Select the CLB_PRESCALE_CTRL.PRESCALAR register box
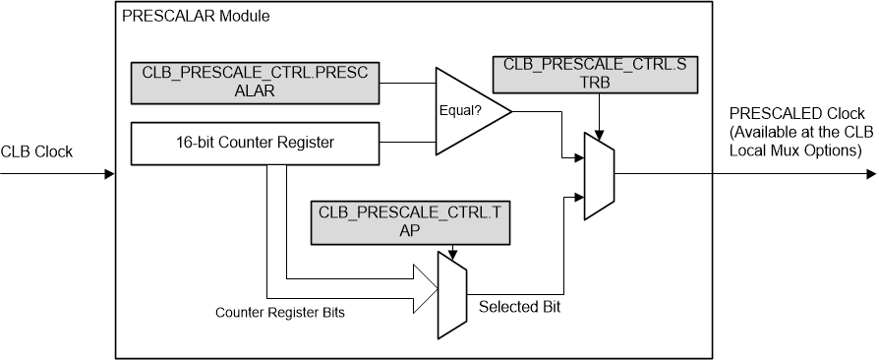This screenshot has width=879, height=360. pos(255,82)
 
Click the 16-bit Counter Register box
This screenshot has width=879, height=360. pos(255,143)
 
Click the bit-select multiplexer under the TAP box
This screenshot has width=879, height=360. pos(449,295)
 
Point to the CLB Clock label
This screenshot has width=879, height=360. pos(37,151)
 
